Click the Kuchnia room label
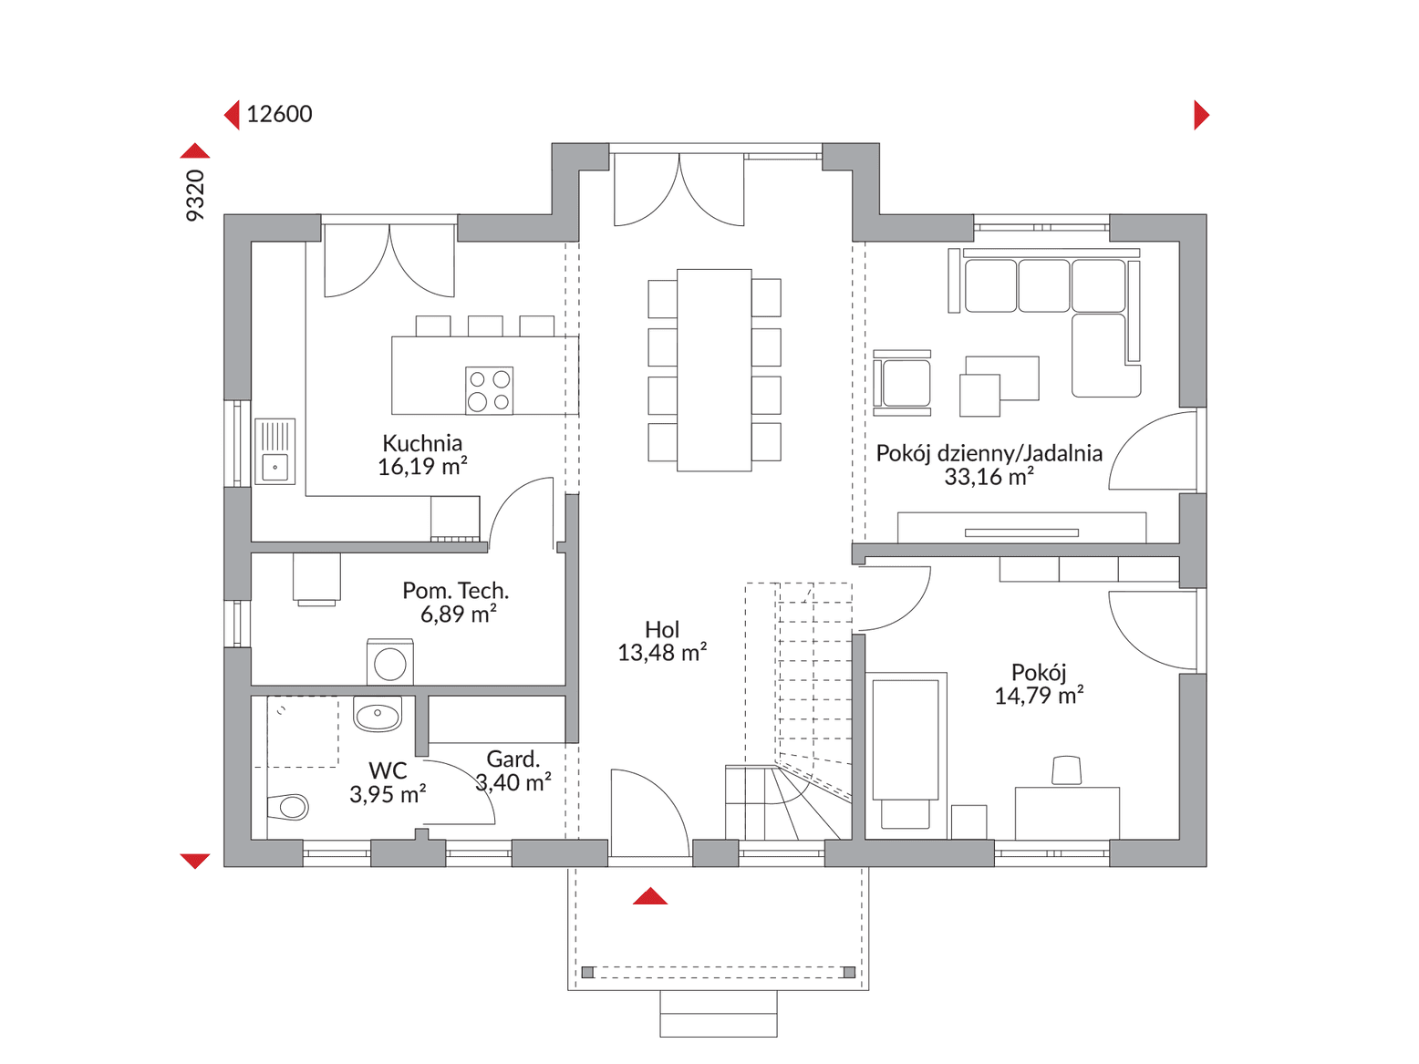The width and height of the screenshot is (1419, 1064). pos(422,444)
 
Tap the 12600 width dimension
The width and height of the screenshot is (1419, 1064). pos(279,114)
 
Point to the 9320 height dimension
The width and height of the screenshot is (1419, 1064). pos(194,195)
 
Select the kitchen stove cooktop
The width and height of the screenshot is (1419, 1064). pos(490,390)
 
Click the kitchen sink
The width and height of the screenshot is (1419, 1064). pos(274,451)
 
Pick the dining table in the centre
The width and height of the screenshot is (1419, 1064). pos(714,370)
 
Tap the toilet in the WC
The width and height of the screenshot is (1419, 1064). pos(287,807)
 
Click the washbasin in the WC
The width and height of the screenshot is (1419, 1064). pos(378,713)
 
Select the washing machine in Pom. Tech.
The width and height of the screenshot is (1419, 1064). pos(389,662)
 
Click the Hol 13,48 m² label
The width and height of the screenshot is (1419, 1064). pos(662,641)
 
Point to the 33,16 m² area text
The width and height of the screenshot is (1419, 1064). pos(989,478)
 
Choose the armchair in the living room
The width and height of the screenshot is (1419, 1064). pos(903,383)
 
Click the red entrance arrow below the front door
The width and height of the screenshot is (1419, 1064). pos(649,896)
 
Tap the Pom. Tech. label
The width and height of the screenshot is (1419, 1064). pos(456,591)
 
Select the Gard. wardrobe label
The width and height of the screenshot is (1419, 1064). pos(513,759)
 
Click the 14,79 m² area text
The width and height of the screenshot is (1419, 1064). pos(1039,697)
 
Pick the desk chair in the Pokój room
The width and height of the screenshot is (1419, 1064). pos(1067,770)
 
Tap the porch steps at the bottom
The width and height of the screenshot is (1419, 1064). pos(719,1014)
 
